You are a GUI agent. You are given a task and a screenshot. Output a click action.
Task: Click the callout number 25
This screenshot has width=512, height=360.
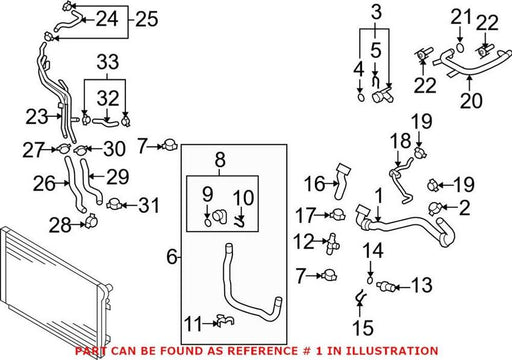147,19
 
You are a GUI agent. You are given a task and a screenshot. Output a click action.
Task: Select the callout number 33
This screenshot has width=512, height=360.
108,62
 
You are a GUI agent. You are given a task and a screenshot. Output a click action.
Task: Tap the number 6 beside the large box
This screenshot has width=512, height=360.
172,257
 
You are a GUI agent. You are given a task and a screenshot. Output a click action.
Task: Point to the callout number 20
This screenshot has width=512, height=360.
471,100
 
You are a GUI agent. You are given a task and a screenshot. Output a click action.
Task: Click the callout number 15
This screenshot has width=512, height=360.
363,328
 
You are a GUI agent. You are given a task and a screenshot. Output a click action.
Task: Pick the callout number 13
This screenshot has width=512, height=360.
422,285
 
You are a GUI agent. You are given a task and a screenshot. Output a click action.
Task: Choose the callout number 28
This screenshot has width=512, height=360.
60,225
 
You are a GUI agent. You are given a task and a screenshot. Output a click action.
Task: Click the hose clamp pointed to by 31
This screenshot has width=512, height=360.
114,204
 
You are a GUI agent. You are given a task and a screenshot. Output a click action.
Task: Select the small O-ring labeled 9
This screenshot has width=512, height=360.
207,222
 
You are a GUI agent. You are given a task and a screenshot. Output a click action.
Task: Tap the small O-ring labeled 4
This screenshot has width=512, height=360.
361,98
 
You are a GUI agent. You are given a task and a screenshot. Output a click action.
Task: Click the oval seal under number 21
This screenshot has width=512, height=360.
460,47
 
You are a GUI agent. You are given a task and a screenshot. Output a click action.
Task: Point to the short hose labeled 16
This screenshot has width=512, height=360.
342,181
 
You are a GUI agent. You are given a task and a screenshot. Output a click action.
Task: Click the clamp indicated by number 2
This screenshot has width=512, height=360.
435,208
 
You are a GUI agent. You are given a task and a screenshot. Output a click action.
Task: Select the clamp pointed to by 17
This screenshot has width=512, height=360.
337,214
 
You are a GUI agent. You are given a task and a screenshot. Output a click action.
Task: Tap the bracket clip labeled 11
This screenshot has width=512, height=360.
225,321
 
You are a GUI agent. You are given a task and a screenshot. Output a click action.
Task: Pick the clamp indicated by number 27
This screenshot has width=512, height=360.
63,149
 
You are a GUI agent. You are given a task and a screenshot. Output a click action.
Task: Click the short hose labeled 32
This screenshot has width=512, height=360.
105,123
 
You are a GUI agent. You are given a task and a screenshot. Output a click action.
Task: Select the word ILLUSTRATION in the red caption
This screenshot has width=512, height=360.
392,351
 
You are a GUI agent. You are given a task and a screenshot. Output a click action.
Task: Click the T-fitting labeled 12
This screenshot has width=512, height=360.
333,243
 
